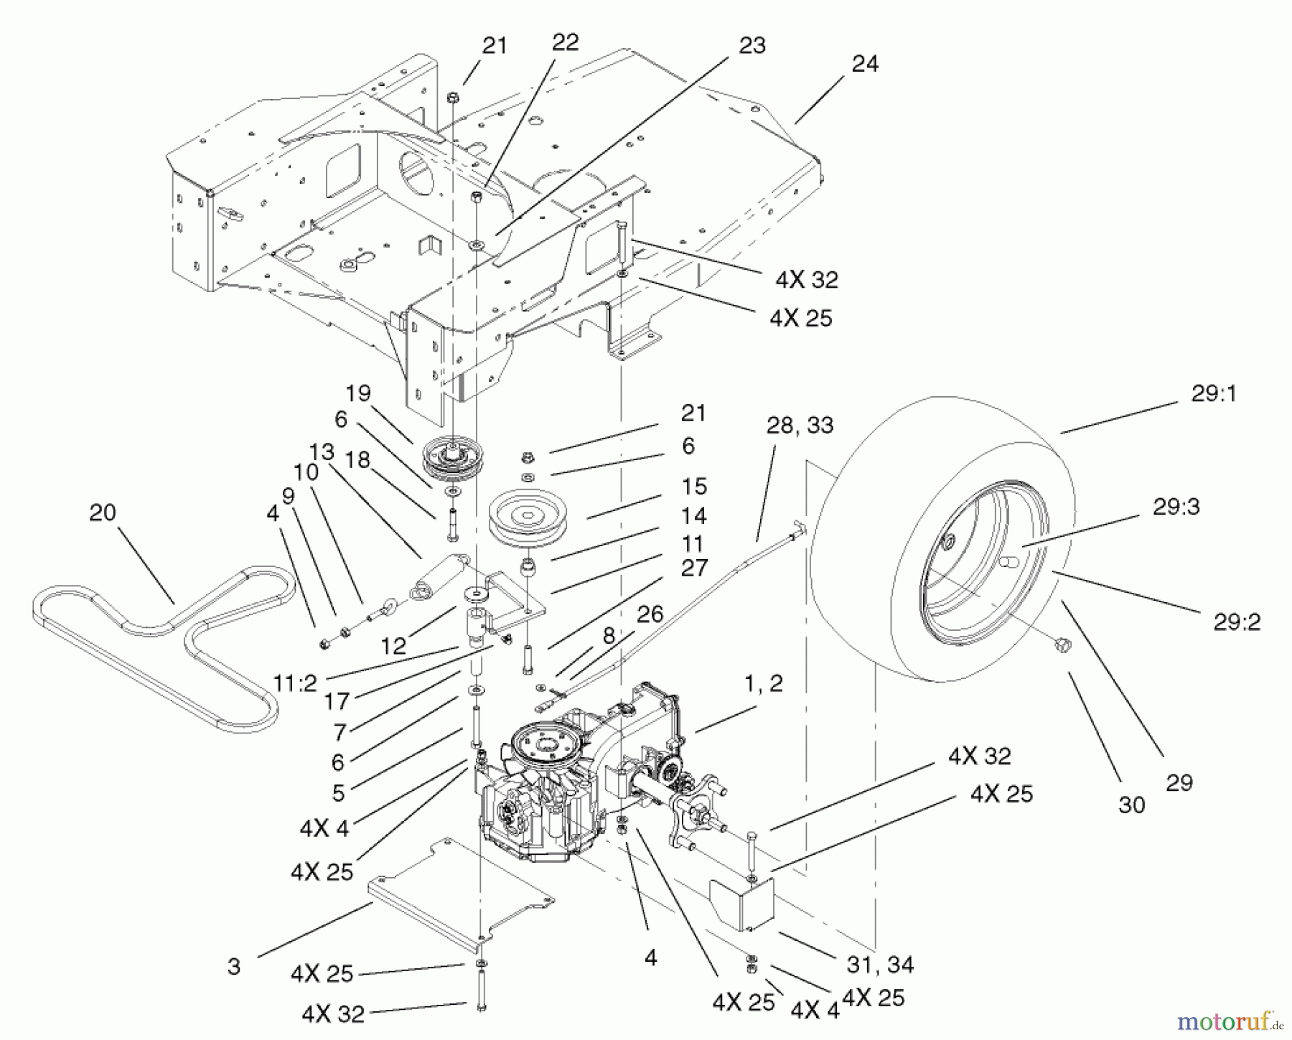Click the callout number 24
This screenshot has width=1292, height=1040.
pos(865,65)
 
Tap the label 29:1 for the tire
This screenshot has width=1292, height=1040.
pos(1214,395)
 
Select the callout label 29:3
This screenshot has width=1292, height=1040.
pos(1176,507)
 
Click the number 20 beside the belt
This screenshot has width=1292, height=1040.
pos(103,513)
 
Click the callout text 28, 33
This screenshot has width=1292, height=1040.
pos(800,426)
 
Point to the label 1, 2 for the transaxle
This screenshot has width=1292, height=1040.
pos(764,684)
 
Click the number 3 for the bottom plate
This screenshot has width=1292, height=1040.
pos(234,967)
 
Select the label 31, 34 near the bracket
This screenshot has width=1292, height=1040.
pos(880,965)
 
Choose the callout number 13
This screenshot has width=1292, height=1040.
pos(323,452)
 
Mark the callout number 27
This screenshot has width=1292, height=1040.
pos(694,568)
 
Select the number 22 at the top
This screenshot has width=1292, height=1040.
pos(565,42)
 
